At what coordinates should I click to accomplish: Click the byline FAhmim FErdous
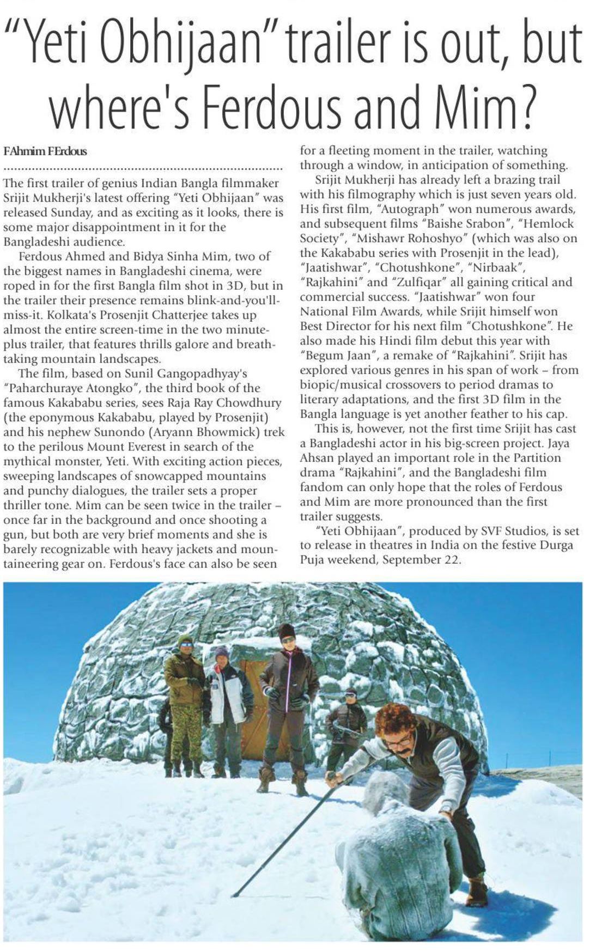click(45, 151)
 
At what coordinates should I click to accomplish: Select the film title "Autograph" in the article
click(405, 209)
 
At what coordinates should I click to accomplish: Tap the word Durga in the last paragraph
click(555, 545)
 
